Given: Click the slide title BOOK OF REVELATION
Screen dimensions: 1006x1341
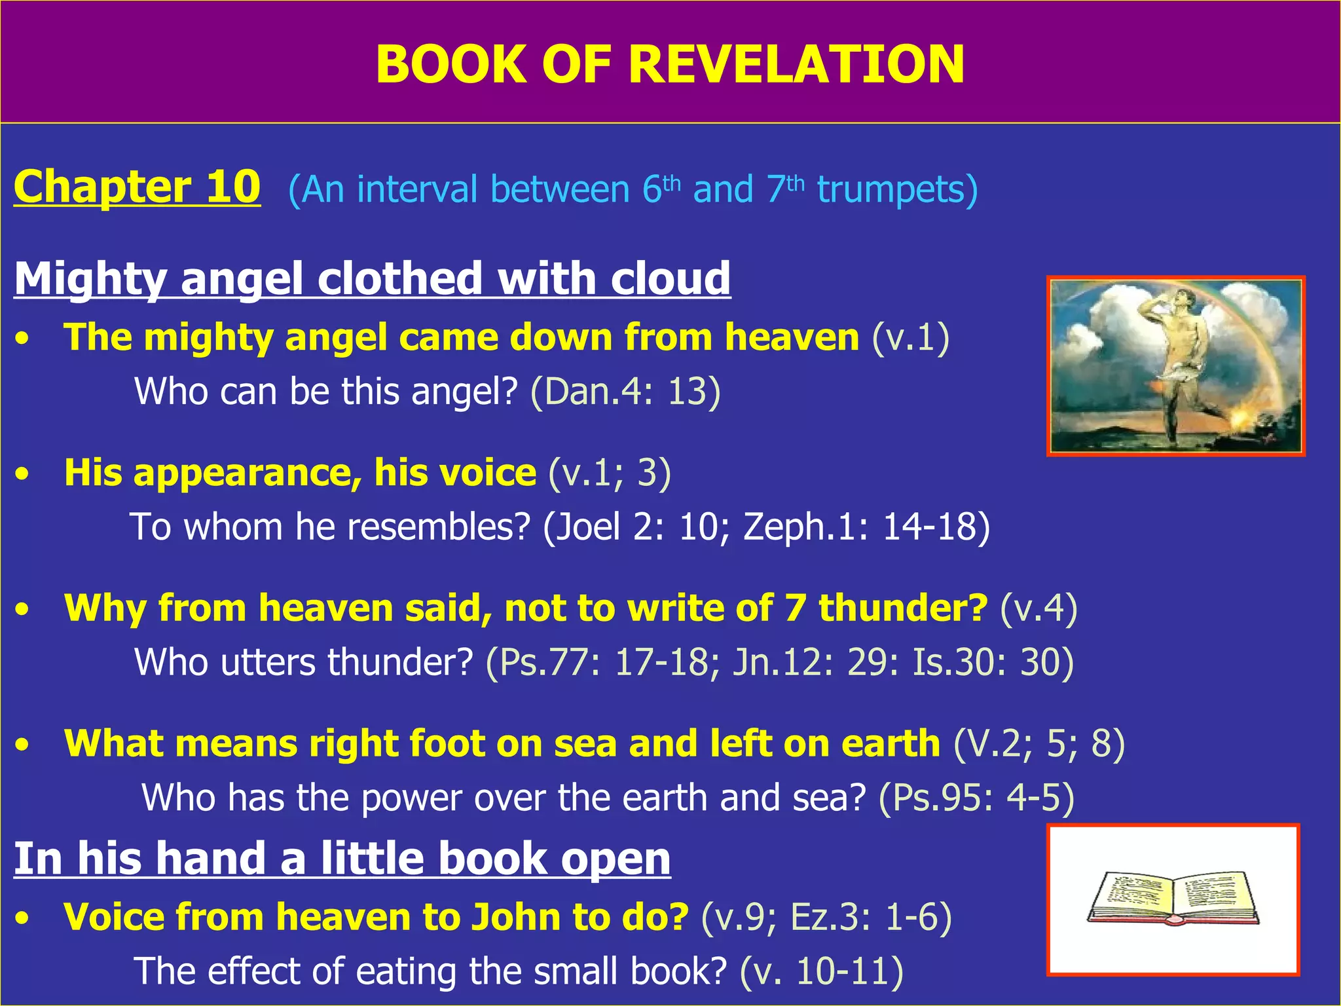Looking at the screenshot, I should click(670, 64).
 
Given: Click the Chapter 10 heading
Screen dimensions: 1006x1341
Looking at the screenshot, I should click(137, 187).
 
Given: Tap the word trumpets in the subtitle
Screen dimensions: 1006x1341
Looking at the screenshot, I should click(896, 190).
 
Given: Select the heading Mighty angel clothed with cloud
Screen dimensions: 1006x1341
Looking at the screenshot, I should click(372, 278).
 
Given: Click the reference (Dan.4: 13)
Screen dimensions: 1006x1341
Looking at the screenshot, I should click(625, 392).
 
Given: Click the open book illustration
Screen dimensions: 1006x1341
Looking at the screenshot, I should click(1173, 898).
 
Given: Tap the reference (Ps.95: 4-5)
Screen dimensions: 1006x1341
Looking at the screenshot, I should click(976, 798).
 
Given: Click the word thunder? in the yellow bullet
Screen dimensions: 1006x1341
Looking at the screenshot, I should click(903, 608).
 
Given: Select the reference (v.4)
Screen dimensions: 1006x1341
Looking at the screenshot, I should click(1038, 608).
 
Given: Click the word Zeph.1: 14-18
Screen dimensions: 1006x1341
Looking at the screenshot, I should click(866, 527).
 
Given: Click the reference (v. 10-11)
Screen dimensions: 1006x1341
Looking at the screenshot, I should click(822, 971).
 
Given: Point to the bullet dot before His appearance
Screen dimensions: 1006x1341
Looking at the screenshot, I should click(24, 474).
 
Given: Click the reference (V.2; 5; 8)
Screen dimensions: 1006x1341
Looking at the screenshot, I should click(1039, 744).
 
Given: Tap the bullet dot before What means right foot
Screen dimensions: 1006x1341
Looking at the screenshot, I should click(24, 745).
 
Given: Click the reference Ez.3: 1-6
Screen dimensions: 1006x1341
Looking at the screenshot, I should click(870, 916).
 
